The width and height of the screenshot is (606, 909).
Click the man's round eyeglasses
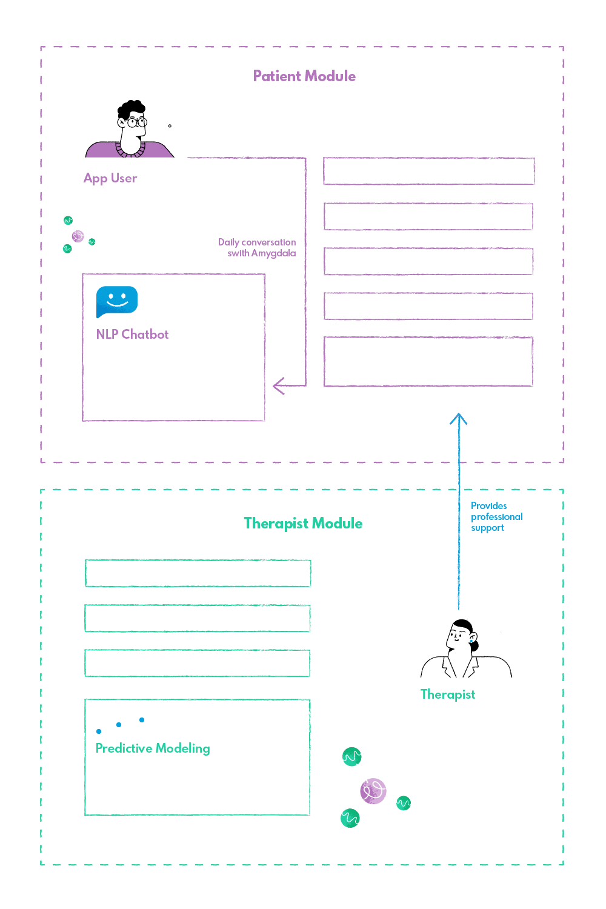tap(136, 122)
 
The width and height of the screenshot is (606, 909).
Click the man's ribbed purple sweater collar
tap(131, 152)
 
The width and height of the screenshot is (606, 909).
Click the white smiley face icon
tap(117, 300)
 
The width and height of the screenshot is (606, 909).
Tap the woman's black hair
tap(463, 624)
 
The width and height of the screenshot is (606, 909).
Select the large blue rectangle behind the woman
tap(516, 570)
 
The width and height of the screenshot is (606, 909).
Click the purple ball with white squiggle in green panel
tap(371, 791)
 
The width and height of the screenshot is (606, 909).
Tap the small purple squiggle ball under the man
tap(76, 236)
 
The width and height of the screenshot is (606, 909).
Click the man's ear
tap(122, 124)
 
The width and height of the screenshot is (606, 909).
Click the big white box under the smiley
tap(174, 382)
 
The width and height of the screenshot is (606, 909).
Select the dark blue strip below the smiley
tap(174, 321)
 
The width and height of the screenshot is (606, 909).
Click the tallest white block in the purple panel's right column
tap(433, 365)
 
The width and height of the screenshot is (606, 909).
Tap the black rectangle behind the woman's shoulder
tap(536, 661)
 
